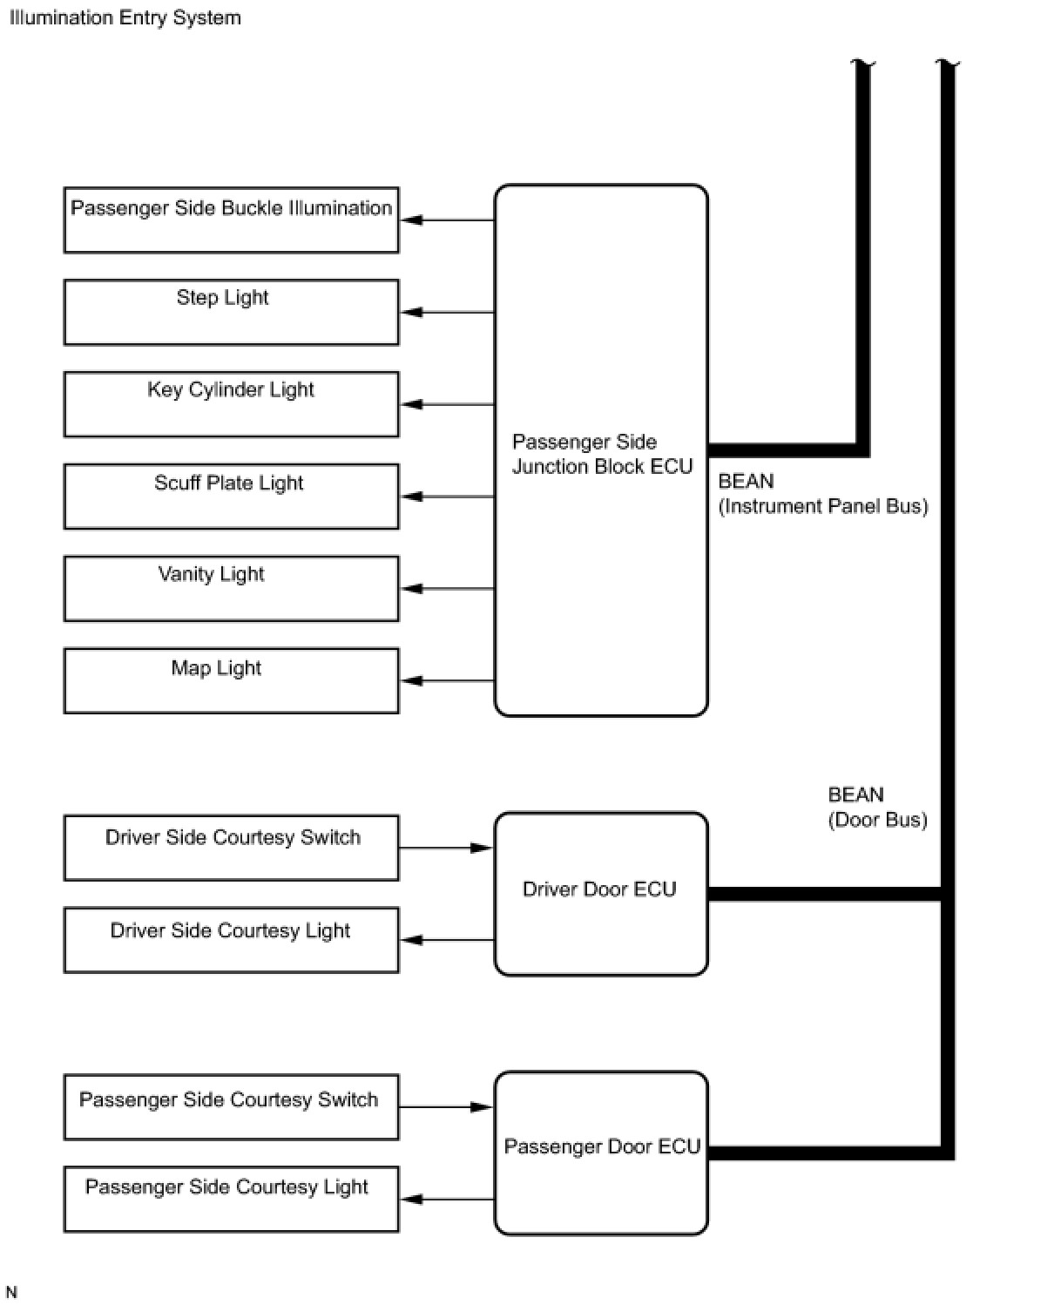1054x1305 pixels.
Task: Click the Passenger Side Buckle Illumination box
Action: pos(231,220)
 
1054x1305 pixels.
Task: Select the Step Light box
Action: pos(231,312)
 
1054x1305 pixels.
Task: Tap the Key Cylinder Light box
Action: pos(231,404)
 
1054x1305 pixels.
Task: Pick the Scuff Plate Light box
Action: pos(231,497)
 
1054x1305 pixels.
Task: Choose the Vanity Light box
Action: pos(231,589)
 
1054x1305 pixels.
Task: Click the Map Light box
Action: pos(231,680)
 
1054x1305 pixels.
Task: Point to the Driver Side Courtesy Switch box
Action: pos(231,848)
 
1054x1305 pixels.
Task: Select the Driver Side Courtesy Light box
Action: pos(231,940)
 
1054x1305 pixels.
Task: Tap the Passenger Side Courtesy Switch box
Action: pos(231,1107)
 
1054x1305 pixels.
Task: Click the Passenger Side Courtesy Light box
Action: pos(231,1199)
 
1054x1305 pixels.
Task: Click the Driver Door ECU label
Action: pos(599,889)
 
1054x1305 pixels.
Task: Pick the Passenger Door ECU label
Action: pos(602,1146)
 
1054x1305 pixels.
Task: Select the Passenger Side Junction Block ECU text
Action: pos(602,454)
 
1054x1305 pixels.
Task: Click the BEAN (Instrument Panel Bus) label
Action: pos(822,494)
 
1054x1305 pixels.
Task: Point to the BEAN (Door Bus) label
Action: pos(877,808)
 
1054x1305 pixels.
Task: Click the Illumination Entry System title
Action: pos(125,17)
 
